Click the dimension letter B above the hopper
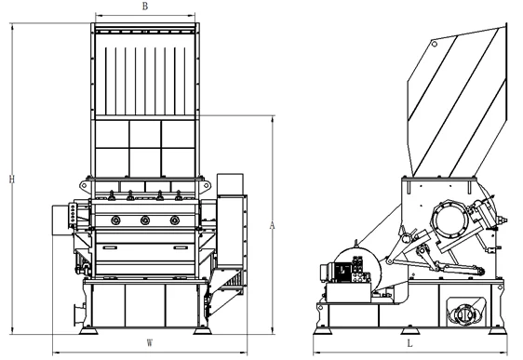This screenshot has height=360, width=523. (x=145, y=7)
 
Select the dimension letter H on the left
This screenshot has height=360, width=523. (x=12, y=180)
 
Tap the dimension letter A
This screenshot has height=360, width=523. (x=272, y=226)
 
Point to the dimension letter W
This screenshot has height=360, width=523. (x=150, y=343)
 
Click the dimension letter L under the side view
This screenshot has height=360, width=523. (x=409, y=343)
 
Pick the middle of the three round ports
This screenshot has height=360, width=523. (x=145, y=220)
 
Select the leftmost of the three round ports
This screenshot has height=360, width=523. (x=115, y=220)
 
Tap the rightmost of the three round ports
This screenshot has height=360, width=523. (x=174, y=220)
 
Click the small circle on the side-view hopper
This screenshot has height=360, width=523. (x=435, y=44)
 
